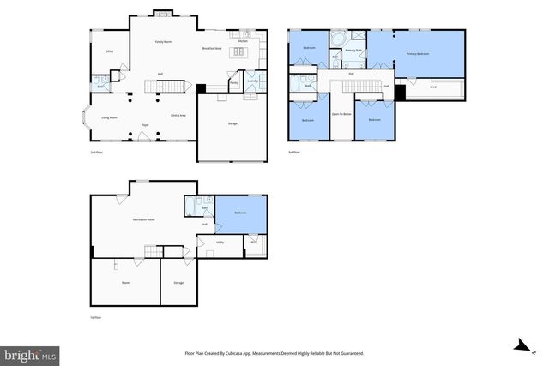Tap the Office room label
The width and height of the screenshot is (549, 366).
(110, 51)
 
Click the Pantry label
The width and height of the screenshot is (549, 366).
(233, 82)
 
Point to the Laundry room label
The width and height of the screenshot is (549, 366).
(252, 81)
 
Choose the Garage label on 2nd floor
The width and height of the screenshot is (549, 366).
(232, 124)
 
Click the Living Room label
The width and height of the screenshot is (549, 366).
(109, 117)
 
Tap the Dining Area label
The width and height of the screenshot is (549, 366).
(178, 115)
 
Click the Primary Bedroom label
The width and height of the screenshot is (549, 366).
(418, 54)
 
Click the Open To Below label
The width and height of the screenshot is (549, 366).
(341, 113)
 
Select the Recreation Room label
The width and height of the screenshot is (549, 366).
(143, 219)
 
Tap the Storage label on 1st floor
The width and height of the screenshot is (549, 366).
(178, 282)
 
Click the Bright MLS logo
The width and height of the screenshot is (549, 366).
(30, 353)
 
